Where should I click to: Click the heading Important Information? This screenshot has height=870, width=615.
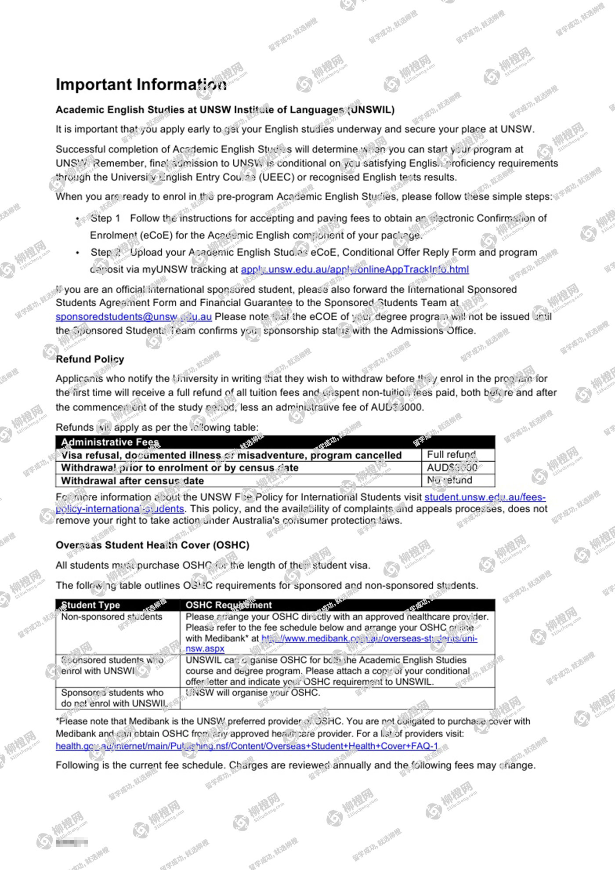pyautogui.click(x=141, y=84)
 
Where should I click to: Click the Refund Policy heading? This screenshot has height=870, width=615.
pyautogui.click(x=90, y=359)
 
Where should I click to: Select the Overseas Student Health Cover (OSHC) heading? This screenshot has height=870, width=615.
pyautogui.click(x=152, y=545)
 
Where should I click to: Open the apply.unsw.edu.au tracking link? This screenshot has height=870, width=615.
pyautogui.click(x=355, y=269)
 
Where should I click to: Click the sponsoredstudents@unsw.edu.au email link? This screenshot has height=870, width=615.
pyautogui.click(x=134, y=317)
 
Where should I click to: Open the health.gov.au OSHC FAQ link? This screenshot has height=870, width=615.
pyautogui.click(x=246, y=746)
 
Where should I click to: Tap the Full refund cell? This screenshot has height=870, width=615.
pyautogui.click(x=451, y=454)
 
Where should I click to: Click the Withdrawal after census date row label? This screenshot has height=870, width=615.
pyautogui.click(x=132, y=481)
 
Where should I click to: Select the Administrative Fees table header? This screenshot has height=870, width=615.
pyautogui.click(x=110, y=442)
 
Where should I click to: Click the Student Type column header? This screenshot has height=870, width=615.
pyautogui.click(x=90, y=605)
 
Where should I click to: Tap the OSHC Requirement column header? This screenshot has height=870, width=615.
pyautogui.click(x=228, y=605)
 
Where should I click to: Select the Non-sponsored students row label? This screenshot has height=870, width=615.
pyautogui.click(x=112, y=617)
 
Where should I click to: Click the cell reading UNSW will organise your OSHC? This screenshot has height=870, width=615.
pyautogui.click(x=253, y=692)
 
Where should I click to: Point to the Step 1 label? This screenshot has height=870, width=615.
pyautogui.click(x=105, y=218)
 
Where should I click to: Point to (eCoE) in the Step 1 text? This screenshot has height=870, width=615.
pyautogui.click(x=156, y=236)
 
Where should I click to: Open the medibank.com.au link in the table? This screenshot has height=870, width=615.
pyautogui.click(x=369, y=638)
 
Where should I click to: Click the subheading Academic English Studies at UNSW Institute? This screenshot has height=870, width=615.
pyautogui.click(x=225, y=110)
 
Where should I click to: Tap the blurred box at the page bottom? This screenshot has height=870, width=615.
pyautogui.click(x=72, y=843)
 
